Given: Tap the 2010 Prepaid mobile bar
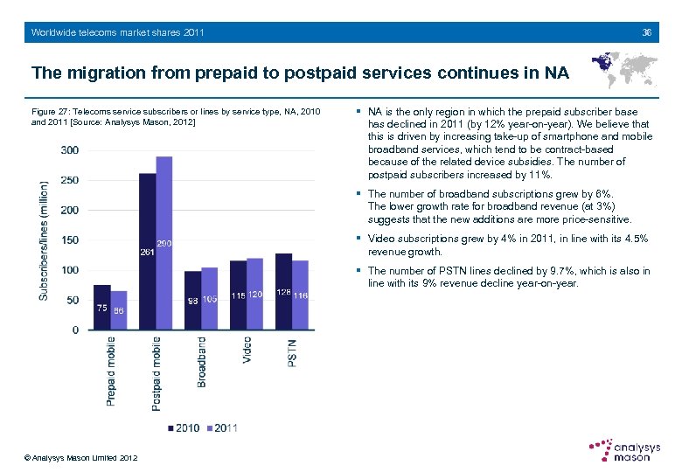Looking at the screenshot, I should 101,307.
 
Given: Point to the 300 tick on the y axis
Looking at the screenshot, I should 69,150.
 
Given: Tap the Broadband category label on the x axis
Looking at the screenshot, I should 202,362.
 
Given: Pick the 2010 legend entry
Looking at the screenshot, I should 183,428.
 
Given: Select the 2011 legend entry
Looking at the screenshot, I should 220,428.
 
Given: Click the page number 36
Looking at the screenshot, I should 646,32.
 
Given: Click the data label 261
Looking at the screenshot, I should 147,253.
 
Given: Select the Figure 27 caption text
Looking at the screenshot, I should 176,117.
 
